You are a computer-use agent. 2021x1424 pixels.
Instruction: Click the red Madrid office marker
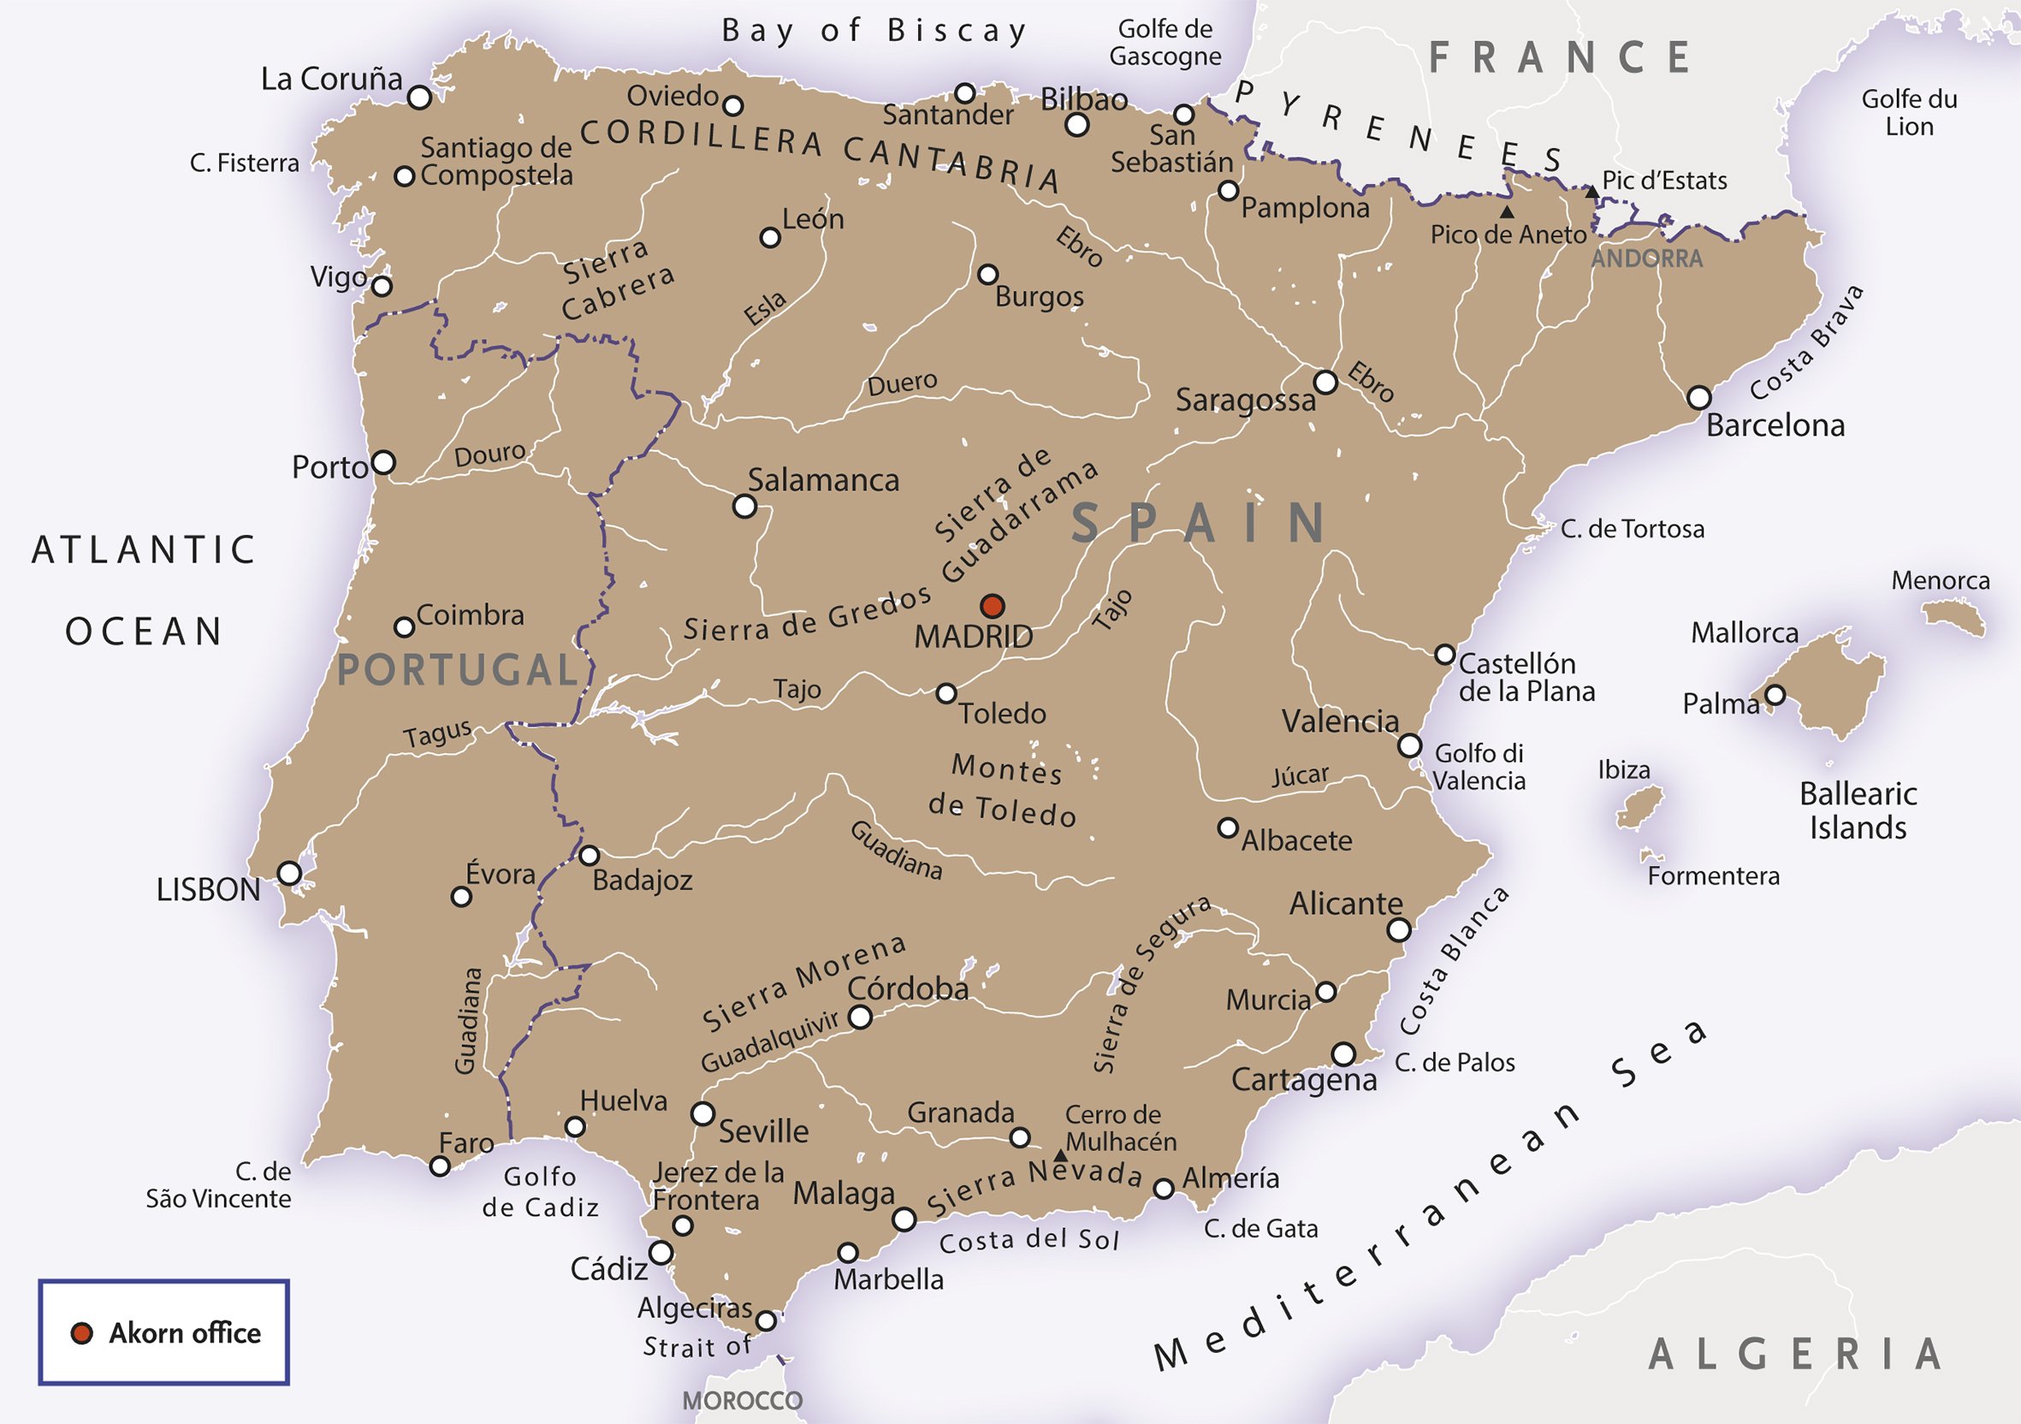point(992,606)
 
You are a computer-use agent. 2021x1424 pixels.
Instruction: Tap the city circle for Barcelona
point(1698,397)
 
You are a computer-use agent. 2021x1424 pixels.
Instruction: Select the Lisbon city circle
point(289,873)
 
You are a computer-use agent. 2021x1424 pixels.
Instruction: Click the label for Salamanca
point(823,481)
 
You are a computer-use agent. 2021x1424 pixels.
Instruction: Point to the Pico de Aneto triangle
point(1507,212)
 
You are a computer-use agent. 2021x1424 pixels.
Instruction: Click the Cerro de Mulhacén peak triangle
point(1061,1154)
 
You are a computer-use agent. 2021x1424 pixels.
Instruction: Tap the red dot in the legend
point(82,1333)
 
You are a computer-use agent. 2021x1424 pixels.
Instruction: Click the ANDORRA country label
point(1646,258)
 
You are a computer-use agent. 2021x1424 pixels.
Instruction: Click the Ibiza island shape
point(1639,806)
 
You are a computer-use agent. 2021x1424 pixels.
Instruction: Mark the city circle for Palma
point(1775,695)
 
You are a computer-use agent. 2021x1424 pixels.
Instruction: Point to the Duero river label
point(902,383)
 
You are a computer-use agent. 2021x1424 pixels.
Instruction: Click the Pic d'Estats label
point(1663,181)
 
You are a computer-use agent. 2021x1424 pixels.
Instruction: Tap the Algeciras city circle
point(767,1320)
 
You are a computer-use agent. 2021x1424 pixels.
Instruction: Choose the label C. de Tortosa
point(1632,529)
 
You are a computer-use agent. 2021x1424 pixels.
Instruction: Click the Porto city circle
point(384,462)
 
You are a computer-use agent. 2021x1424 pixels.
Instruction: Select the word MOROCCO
point(742,1400)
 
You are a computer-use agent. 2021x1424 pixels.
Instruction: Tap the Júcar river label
point(1299,776)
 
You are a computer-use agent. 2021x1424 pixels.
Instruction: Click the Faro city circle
point(440,1166)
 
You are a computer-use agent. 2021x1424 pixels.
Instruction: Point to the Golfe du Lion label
point(1909,113)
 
